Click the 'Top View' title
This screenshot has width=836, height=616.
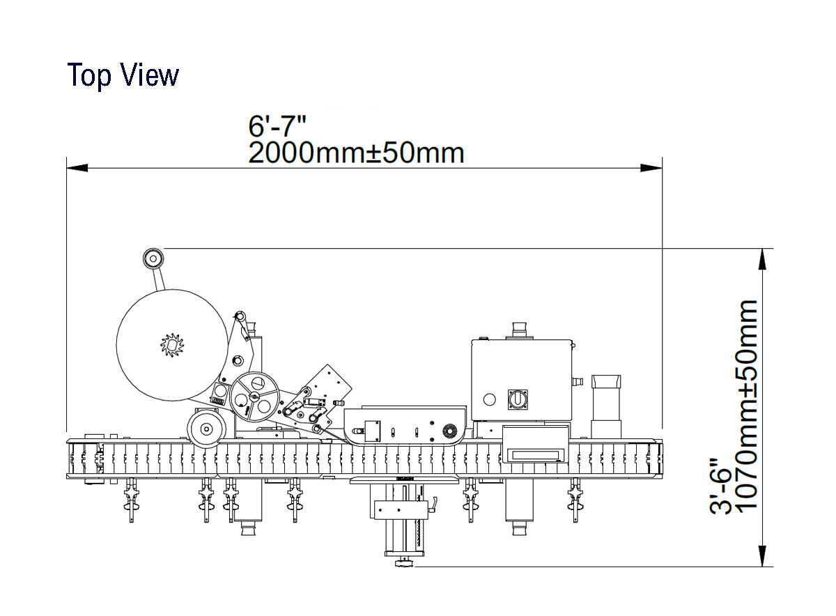point(123,75)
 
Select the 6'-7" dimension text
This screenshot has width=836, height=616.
point(277,126)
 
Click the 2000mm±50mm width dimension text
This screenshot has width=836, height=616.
point(357,153)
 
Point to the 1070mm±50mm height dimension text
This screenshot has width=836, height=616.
point(746,405)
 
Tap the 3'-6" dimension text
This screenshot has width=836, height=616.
point(720,487)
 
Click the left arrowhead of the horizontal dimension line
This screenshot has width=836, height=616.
point(77,168)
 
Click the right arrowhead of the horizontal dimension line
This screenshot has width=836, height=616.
point(651,168)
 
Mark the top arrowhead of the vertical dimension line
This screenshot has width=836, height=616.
point(762,259)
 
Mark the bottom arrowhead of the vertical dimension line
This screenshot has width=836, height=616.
point(762,556)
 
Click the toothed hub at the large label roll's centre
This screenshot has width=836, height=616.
point(172,345)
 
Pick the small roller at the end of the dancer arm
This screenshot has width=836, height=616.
point(153,258)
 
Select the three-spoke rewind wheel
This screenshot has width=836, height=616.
point(254,397)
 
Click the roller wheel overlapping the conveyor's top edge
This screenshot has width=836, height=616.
point(206,429)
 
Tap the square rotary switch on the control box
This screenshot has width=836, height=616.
point(518,399)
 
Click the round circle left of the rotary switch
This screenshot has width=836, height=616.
point(489,399)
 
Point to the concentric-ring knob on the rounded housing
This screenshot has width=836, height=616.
point(450,431)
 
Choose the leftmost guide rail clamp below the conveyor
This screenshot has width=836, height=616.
point(132,500)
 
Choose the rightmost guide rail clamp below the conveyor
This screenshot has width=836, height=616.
point(575,500)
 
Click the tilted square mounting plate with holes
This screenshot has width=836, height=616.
point(328,387)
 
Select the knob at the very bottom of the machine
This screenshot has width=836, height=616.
point(405,562)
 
